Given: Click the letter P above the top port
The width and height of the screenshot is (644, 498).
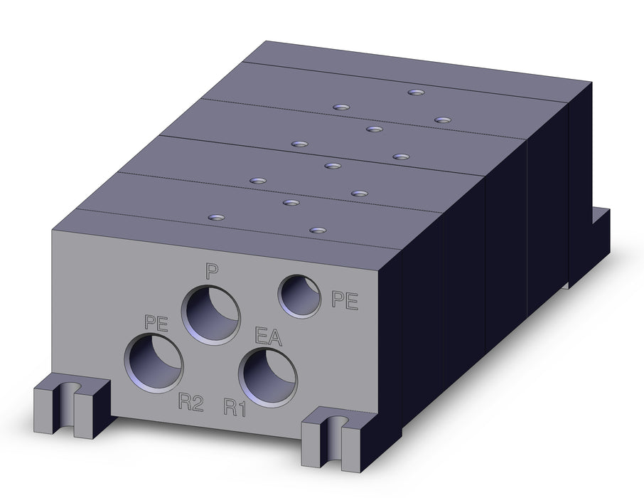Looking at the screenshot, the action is [x=212, y=272].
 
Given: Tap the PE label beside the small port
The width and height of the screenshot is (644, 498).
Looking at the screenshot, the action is [x=345, y=300].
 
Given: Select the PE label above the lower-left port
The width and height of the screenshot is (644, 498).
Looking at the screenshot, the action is [x=156, y=323].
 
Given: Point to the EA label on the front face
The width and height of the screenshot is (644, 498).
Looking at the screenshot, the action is [x=268, y=336].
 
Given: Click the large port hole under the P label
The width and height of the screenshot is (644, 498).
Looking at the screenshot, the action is [x=211, y=314].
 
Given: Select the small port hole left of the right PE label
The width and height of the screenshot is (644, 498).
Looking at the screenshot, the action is [x=299, y=296].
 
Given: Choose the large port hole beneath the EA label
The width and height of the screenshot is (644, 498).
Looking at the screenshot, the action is [x=268, y=376].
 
